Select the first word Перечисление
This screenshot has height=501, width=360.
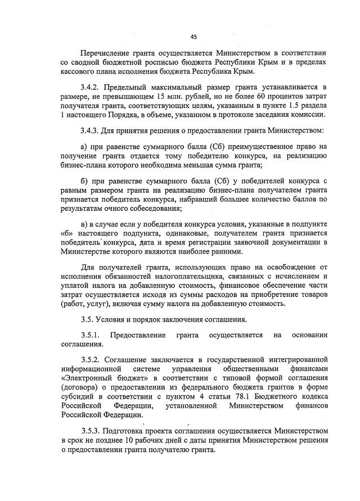105,52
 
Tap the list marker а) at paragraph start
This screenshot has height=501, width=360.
84,147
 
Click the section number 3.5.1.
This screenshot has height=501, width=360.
91,335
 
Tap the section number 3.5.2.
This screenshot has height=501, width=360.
91,359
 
